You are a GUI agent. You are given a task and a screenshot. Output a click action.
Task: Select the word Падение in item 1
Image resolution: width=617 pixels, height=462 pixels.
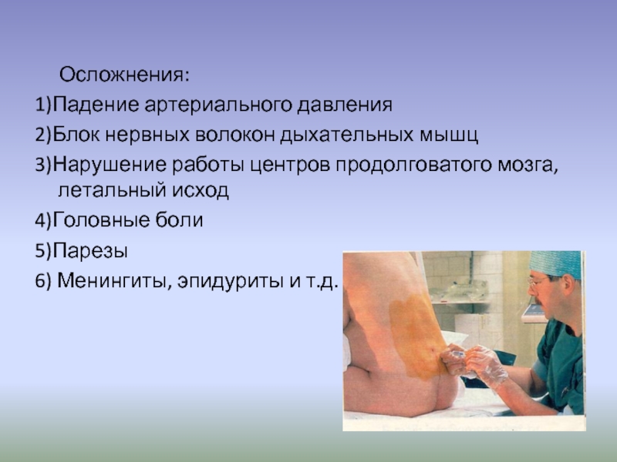[96, 105]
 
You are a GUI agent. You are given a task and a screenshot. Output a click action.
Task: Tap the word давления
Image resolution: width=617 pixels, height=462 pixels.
[345, 105]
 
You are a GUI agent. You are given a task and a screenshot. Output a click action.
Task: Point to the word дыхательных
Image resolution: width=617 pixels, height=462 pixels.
[346, 136]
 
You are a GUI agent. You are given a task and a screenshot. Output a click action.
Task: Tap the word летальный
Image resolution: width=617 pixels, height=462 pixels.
[112, 191]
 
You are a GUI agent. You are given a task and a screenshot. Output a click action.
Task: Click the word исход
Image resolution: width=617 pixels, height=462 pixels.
[201, 191]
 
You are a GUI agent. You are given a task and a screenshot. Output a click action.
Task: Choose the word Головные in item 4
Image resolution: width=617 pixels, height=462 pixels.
[101, 220]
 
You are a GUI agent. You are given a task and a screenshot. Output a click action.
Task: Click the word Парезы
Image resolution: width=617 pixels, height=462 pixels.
[90, 251]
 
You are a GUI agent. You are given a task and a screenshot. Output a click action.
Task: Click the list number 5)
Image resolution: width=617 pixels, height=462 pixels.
[43, 251]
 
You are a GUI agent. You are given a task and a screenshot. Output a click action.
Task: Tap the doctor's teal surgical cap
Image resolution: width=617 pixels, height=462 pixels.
[555, 264]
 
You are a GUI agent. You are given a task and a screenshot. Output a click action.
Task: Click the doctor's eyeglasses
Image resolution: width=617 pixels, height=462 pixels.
[538, 282]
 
